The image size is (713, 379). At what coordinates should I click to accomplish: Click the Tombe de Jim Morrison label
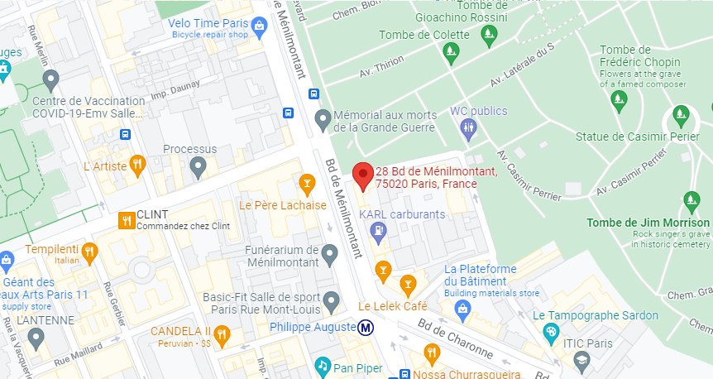(x=648, y=223)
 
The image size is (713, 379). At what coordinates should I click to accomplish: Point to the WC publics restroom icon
(x=469, y=127)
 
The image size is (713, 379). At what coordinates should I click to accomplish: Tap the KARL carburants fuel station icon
(x=379, y=231)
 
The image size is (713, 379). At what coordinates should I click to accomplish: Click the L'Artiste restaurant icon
(x=138, y=166)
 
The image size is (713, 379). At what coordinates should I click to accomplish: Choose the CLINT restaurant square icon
(x=127, y=219)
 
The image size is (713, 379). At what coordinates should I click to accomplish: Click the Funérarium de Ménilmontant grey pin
(x=330, y=254)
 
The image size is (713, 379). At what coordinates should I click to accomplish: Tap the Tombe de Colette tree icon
(x=450, y=53)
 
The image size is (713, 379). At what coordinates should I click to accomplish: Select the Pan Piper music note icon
(x=322, y=365)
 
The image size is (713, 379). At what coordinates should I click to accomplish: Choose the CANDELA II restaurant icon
(x=221, y=334)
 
